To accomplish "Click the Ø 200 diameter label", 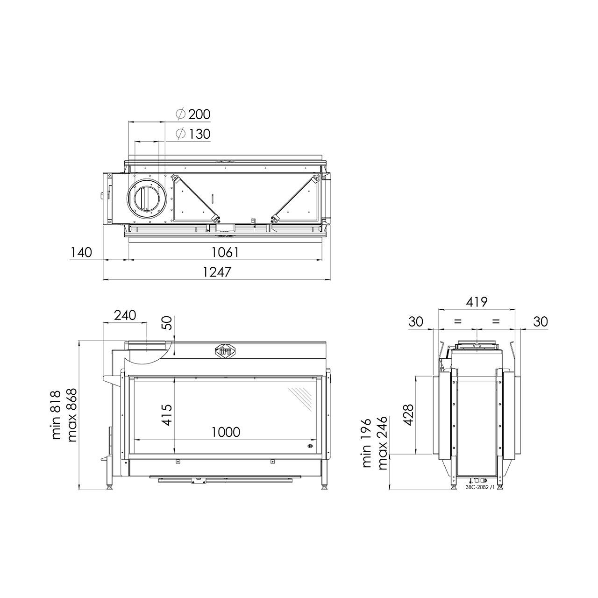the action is tap(193, 114).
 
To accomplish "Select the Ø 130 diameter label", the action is tap(193, 134).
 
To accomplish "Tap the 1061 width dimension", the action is tap(225, 253).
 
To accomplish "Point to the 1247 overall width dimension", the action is tap(217, 272).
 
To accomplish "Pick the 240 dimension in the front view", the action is tap(125, 315).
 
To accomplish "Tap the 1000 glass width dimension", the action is tap(226, 432).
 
